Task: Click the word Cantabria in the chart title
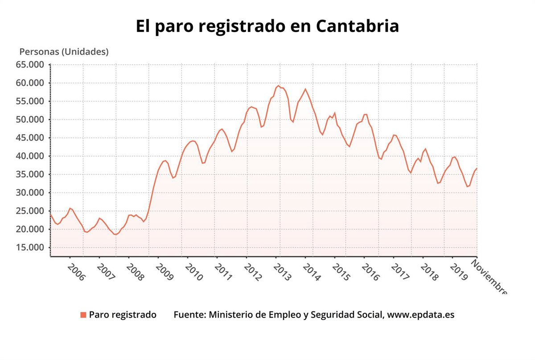[x=357, y=26]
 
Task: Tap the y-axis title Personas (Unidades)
[x=64, y=52]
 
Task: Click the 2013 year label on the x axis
[x=282, y=272]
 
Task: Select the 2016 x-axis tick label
[x=370, y=272]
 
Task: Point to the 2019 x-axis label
[x=458, y=272]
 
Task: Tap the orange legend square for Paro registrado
[x=83, y=315]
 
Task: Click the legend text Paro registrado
[x=123, y=315]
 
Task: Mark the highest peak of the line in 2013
[x=278, y=86]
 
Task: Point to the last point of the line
[x=477, y=168]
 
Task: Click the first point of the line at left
[x=50, y=215]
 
